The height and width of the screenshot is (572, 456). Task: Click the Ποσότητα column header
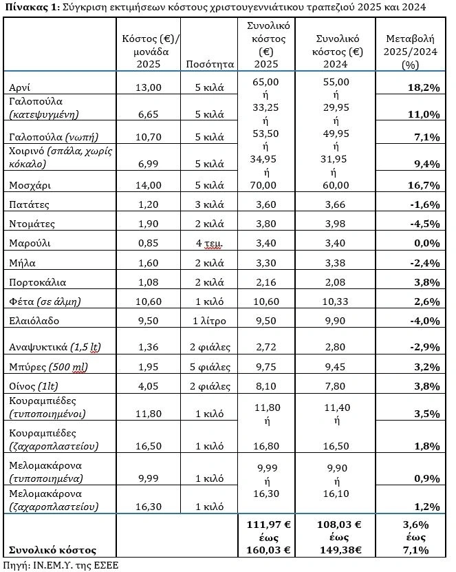(x=210, y=64)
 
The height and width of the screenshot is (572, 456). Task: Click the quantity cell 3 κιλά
(x=210, y=204)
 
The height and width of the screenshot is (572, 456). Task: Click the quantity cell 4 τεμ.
(x=210, y=243)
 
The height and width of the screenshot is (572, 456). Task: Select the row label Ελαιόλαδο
(x=34, y=320)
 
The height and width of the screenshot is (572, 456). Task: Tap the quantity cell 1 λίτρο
(x=210, y=320)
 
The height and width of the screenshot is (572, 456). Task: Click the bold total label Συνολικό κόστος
(x=52, y=549)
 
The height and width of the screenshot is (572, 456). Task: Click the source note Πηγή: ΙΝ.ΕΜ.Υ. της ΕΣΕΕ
(x=61, y=564)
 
